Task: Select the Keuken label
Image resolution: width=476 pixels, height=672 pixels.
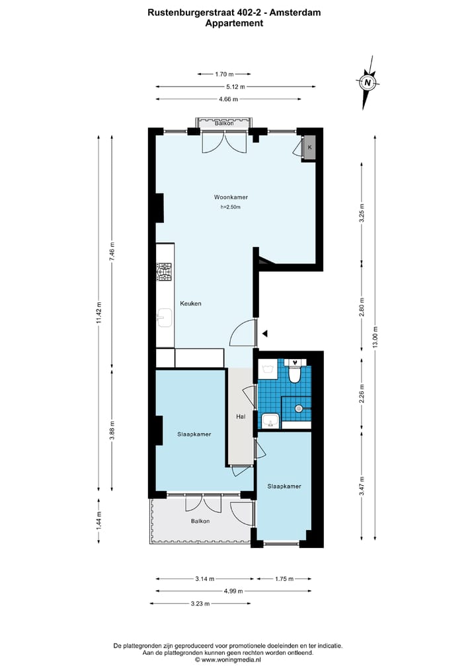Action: click(190, 304)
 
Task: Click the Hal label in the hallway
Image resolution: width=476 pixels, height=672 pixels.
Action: click(241, 417)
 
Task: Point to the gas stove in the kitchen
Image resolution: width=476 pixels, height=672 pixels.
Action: click(164, 272)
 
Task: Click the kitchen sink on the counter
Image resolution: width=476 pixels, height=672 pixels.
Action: click(164, 319)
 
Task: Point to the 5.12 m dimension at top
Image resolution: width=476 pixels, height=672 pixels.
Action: click(237, 86)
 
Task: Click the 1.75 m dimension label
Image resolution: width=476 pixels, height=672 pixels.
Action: click(284, 579)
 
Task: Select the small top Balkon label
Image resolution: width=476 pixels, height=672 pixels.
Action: click(225, 123)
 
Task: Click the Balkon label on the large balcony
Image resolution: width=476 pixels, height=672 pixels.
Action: click(200, 521)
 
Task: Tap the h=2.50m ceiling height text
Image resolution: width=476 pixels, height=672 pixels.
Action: click(231, 207)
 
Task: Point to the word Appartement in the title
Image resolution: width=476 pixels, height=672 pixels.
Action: click(234, 23)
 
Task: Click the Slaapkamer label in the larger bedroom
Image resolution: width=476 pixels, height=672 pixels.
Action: click(194, 434)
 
